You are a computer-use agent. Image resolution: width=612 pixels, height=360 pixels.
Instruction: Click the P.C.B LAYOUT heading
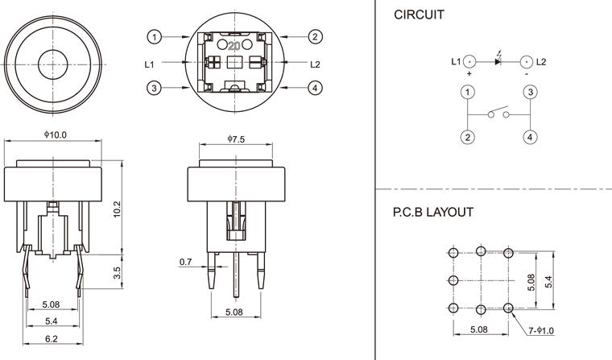432,213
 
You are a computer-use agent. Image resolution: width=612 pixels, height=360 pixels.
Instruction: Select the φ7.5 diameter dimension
236,139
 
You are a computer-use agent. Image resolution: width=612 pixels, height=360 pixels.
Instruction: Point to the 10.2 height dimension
118,210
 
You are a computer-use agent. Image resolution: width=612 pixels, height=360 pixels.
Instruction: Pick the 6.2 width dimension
51,339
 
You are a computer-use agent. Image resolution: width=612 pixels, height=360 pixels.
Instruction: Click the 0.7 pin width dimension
185,262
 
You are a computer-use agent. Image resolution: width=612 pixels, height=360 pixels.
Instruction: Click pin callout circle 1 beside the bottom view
155,36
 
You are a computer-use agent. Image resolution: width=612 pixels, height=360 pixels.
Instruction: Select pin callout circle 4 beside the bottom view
315,88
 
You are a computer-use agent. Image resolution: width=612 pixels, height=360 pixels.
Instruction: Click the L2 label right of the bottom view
315,63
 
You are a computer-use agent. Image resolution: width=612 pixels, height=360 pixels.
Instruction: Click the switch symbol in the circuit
498,114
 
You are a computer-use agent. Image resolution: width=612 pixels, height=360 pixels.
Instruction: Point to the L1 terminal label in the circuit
455,61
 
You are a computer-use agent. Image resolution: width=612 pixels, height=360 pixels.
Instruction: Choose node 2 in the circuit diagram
467,137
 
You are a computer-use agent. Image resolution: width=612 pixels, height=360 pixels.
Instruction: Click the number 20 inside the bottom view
235,46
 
